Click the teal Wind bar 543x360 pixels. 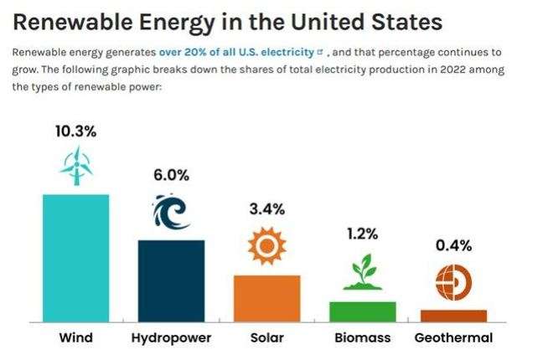coord(75,258)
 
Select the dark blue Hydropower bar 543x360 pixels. coord(171,280)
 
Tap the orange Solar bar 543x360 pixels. coord(266,298)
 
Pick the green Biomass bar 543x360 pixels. coord(362,311)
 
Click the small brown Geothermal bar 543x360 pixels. coord(453,316)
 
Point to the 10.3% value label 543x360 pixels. coord(75,131)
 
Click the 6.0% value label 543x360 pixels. coord(171,175)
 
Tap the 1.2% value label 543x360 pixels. coord(363,234)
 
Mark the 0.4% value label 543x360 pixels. coord(453,245)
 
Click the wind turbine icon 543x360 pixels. coord(75,166)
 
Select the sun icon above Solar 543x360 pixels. coord(267,244)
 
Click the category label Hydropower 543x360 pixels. coord(171,338)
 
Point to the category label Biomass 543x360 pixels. coord(362,338)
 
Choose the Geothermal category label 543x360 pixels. coord(453,338)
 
